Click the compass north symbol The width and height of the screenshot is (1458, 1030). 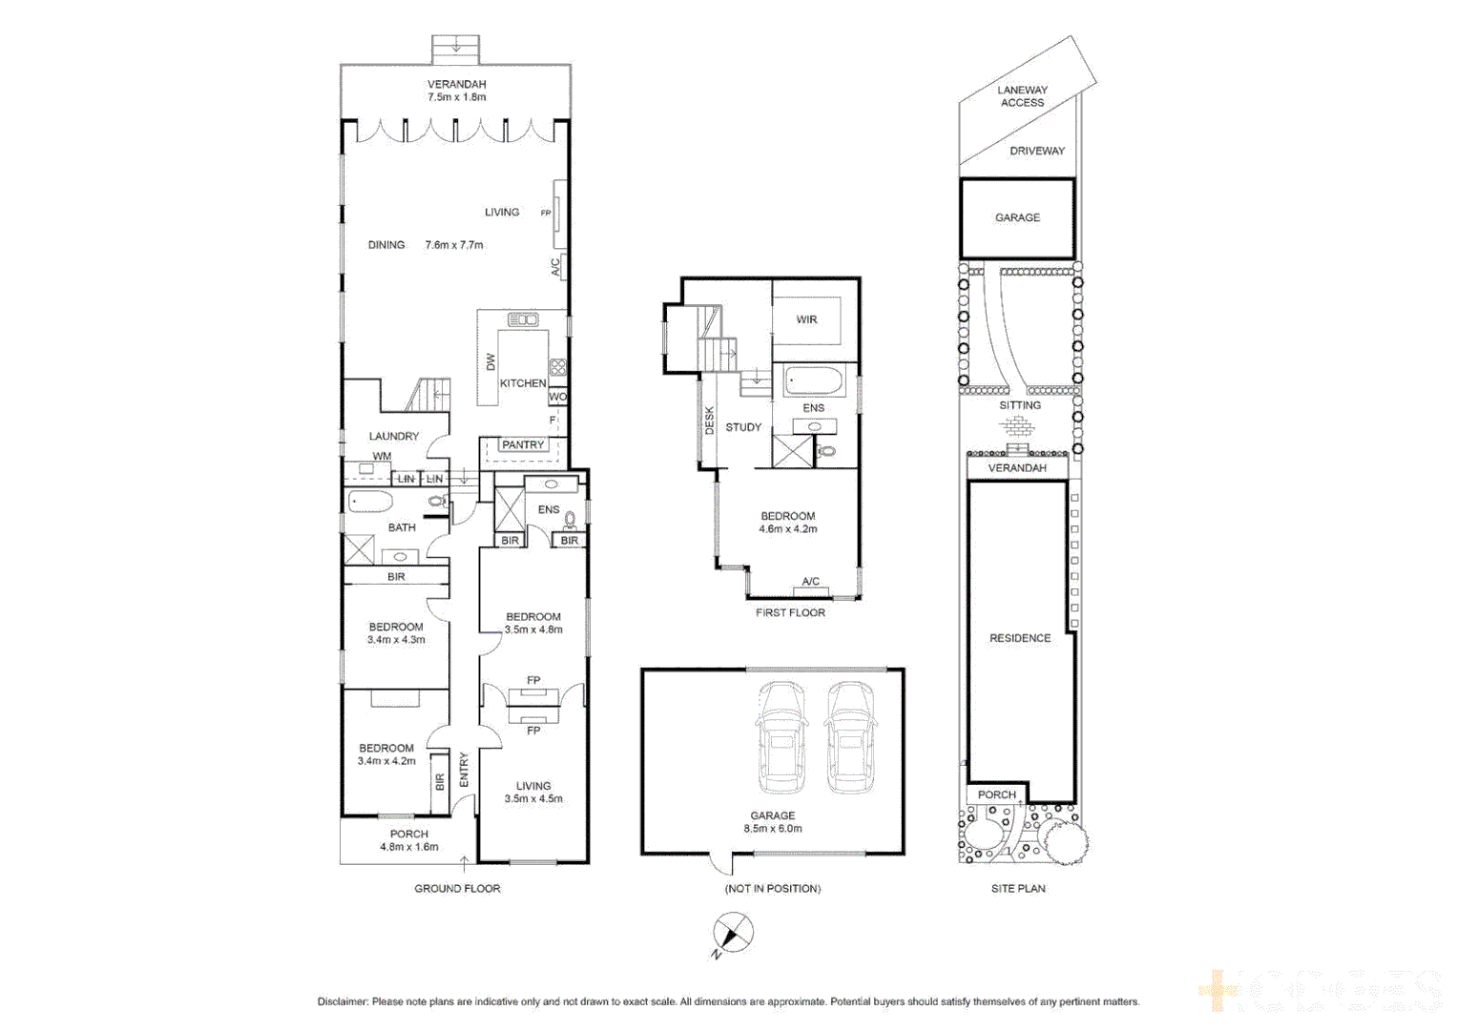click(x=732, y=933)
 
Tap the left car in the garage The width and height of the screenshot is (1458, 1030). click(x=781, y=737)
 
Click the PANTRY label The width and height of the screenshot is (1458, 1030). click(x=523, y=444)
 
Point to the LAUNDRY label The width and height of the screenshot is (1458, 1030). click(x=394, y=436)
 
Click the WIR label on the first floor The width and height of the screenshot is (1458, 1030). click(x=806, y=319)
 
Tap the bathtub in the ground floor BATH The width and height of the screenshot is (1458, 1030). click(x=370, y=502)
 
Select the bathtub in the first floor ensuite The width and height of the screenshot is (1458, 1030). click(x=813, y=383)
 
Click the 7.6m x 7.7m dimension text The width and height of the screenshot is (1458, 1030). click(x=454, y=245)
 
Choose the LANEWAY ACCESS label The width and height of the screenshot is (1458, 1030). click(x=1022, y=96)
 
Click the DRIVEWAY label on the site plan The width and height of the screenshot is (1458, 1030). click(x=1037, y=151)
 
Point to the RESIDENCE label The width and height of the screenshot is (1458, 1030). click(x=1020, y=638)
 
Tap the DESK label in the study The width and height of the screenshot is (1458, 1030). click(x=709, y=421)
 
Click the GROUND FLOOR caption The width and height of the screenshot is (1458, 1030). click(x=457, y=888)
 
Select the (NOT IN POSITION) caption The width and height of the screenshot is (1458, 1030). click(x=773, y=888)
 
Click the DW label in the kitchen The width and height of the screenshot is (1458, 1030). click(x=490, y=362)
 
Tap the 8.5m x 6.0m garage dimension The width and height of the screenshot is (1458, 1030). click(x=773, y=829)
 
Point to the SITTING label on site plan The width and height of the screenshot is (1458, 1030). click(x=1020, y=405)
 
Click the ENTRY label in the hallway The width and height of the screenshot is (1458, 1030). click(x=464, y=770)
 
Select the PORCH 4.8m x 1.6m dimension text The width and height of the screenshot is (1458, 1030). click(x=409, y=847)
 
